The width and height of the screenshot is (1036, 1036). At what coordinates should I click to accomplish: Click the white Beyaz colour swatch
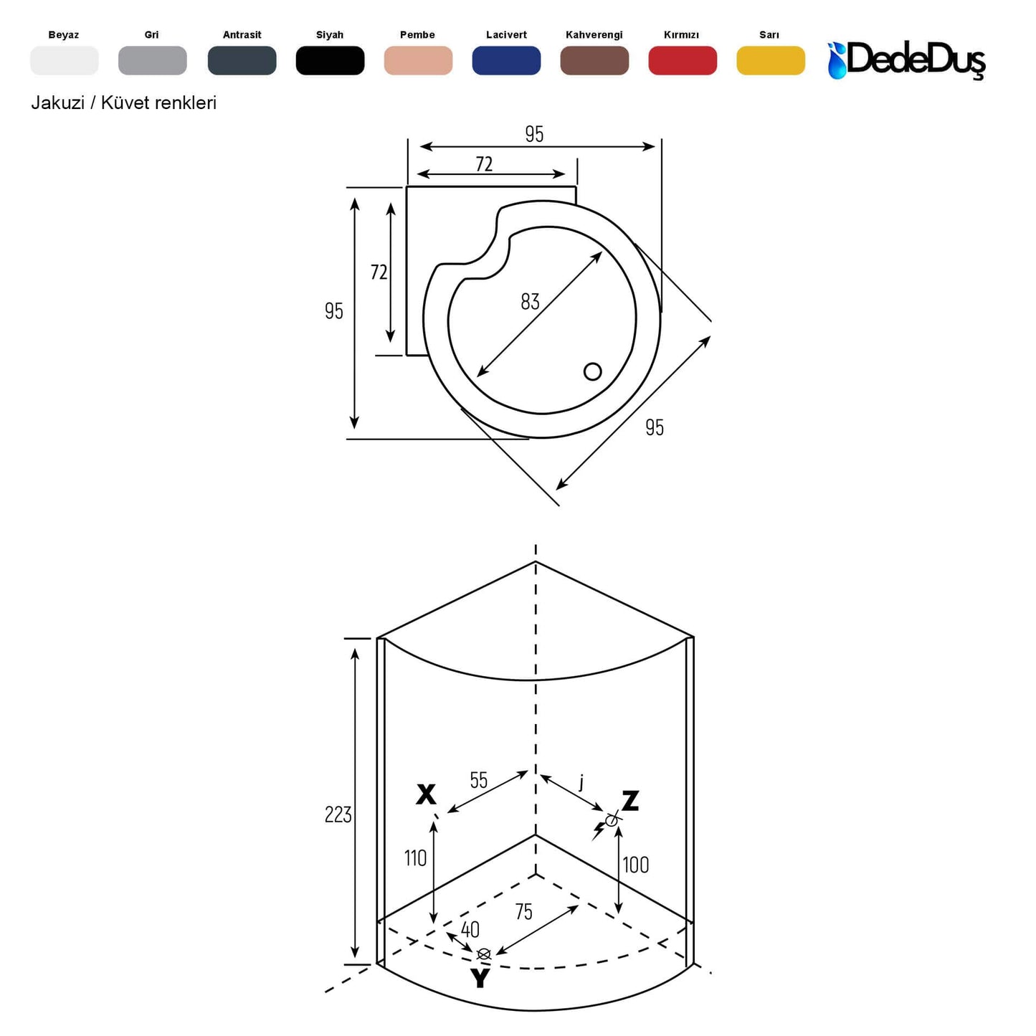pyautogui.click(x=65, y=60)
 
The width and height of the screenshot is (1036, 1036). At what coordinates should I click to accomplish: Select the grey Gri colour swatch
pyautogui.click(x=153, y=60)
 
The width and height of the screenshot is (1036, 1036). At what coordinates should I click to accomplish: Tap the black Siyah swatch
pyautogui.click(x=330, y=60)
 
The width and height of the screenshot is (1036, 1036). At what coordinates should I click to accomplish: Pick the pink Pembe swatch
pyautogui.click(x=418, y=60)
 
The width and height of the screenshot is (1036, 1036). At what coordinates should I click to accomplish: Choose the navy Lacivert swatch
pyautogui.click(x=506, y=60)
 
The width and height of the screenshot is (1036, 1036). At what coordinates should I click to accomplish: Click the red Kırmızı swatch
pyautogui.click(x=683, y=60)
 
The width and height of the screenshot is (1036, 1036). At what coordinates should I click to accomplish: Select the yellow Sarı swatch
pyautogui.click(x=771, y=60)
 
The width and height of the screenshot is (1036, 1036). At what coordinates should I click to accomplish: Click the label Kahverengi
pyautogui.click(x=594, y=35)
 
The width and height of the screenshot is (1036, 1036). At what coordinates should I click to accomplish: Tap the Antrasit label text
pyautogui.click(x=242, y=35)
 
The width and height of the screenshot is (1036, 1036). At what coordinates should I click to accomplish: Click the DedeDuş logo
pyautogui.click(x=906, y=60)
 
